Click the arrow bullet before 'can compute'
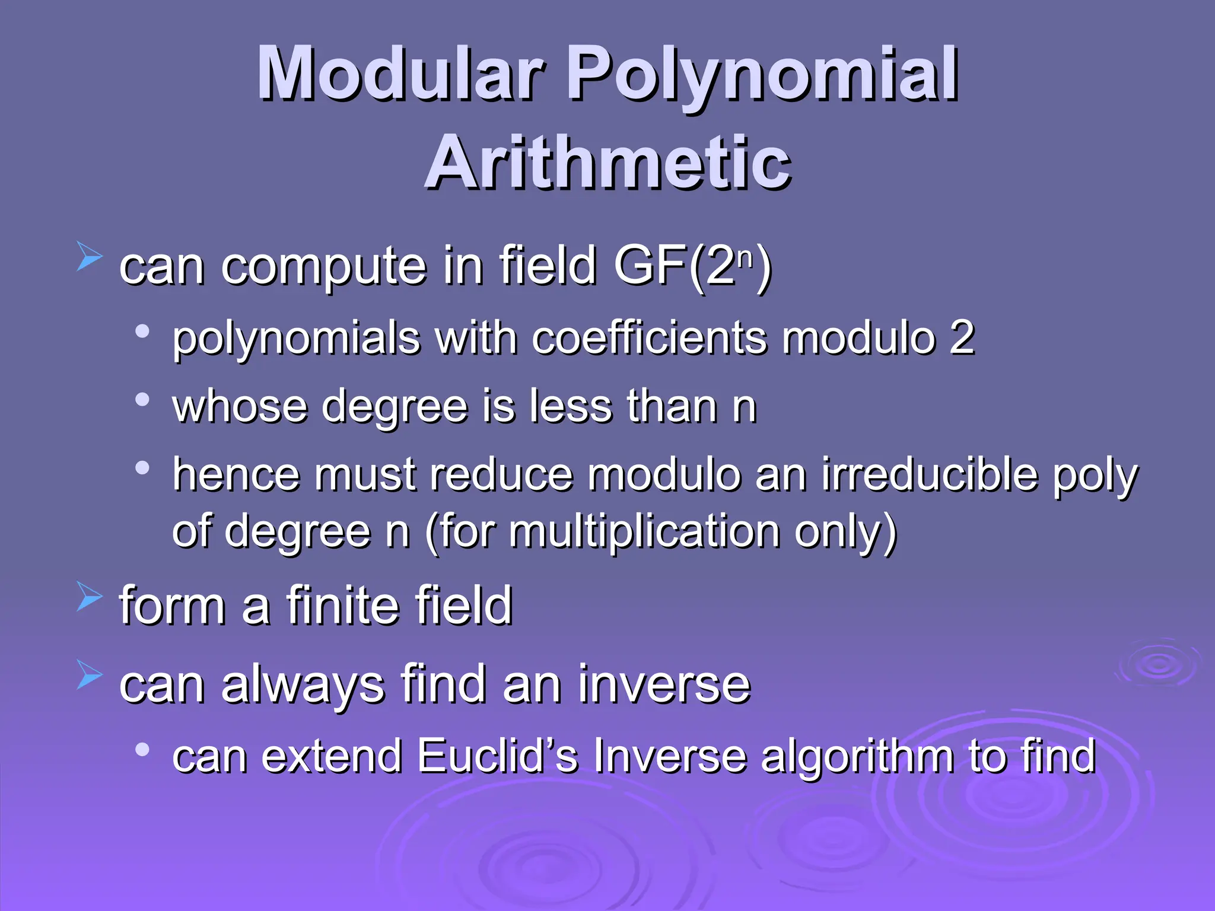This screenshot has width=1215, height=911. (90, 259)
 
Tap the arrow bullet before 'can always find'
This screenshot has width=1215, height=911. (90, 677)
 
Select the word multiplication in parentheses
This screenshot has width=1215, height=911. (644, 531)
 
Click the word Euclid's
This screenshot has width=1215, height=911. (497, 756)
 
